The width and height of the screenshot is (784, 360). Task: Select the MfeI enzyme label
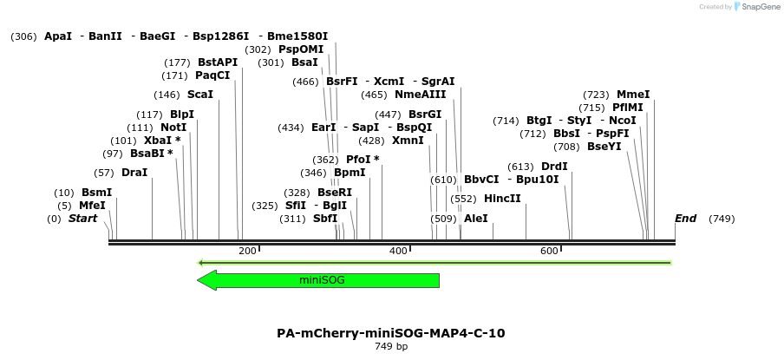[92, 206]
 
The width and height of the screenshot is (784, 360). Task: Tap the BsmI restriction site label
[96, 193]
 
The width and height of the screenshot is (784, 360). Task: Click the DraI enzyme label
[134, 173]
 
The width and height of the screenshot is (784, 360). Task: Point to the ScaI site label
[199, 95]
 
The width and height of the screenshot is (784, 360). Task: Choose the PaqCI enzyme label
[212, 75]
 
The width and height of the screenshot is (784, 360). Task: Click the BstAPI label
[217, 62]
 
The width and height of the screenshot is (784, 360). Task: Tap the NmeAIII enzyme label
[420, 95]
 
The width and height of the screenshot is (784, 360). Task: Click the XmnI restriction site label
[408, 141]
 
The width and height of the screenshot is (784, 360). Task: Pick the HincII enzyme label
[502, 199]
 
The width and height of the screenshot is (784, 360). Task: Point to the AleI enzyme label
[476, 219]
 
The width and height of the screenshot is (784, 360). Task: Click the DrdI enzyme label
[554, 167]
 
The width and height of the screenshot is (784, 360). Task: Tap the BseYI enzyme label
[604, 147]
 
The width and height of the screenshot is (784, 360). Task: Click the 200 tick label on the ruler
[247, 252]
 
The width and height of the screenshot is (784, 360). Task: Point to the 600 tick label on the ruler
[549, 252]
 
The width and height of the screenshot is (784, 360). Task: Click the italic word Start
[82, 219]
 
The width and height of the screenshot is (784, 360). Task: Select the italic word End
[685, 219]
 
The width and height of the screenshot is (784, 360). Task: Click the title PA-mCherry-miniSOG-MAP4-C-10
[390, 333]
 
